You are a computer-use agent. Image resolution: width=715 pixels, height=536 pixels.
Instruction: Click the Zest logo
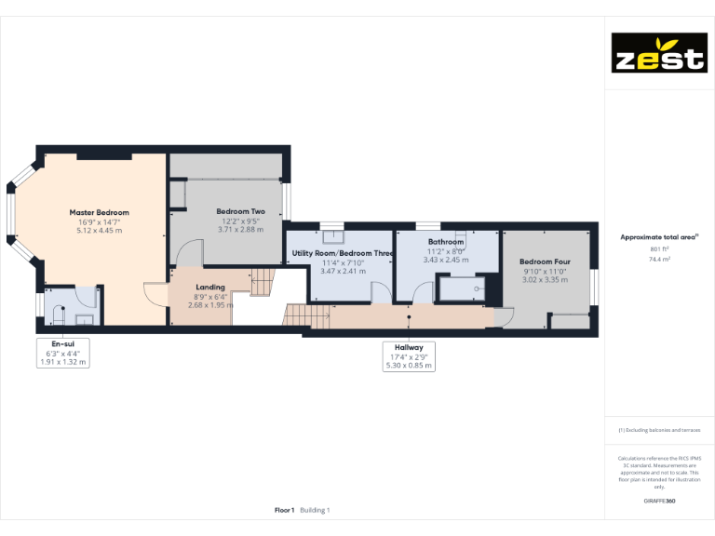pos(657,53)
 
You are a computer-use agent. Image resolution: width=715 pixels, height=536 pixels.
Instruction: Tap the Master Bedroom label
pos(99,212)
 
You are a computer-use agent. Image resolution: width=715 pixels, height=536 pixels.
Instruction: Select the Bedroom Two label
pos(240,211)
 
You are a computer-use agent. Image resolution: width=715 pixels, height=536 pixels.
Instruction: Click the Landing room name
pos(210,288)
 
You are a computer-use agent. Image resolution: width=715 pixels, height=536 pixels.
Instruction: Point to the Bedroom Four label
pos(545,261)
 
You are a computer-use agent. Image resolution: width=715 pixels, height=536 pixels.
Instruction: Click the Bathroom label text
pos(446,242)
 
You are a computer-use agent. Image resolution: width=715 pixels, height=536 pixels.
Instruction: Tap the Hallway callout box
pos(408,355)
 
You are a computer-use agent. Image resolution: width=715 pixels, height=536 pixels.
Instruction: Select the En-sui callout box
pos(63,353)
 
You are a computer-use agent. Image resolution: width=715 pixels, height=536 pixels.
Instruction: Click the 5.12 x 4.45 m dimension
pos(99,230)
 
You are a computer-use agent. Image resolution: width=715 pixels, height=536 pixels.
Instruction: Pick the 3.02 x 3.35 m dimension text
pos(545,279)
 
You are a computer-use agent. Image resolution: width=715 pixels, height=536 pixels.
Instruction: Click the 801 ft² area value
pos(659,249)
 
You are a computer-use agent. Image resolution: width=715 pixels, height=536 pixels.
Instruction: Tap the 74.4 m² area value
pos(659,260)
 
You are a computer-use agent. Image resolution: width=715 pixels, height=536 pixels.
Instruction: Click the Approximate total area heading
pos(659,237)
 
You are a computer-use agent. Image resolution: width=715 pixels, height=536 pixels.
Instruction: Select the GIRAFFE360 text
pos(659,501)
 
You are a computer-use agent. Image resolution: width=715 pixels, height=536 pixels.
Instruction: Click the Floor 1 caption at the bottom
pos(285,510)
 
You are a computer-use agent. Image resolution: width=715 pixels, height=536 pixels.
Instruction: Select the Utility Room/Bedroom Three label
pos(344,253)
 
